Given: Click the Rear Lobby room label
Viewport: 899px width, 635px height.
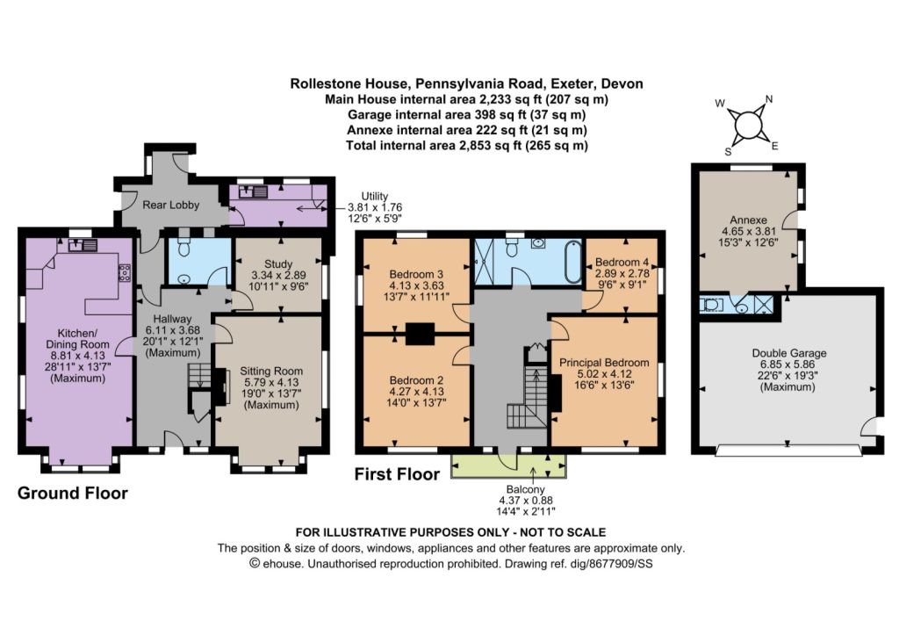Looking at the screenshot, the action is tap(171, 205).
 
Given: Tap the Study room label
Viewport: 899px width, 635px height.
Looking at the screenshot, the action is tap(278, 263).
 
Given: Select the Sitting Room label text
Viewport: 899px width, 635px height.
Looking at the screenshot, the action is tap(271, 371).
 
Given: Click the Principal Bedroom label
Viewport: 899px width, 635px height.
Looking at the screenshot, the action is tap(604, 363).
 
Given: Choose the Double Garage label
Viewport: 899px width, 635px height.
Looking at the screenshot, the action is tap(789, 353).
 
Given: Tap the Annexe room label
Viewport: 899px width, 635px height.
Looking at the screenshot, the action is tap(748, 220).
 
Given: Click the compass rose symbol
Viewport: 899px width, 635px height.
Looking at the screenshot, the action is tap(748, 125).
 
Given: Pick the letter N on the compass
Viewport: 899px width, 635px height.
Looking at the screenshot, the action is tap(769, 98).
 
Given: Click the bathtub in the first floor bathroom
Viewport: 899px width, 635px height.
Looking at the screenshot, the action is tap(573, 262).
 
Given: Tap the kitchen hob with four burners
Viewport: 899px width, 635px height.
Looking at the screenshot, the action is tap(124, 272).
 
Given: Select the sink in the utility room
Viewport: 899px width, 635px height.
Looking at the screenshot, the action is tap(254, 191).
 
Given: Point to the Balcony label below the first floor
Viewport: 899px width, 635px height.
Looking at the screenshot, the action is tap(525, 489).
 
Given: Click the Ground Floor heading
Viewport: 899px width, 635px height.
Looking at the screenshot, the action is tap(73, 494).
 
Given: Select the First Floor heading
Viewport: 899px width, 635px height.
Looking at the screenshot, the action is tap(398, 474).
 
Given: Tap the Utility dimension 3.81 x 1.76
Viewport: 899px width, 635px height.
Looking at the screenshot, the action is tap(375, 207).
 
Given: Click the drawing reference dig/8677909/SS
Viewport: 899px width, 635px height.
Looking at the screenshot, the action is tap(611, 564).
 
